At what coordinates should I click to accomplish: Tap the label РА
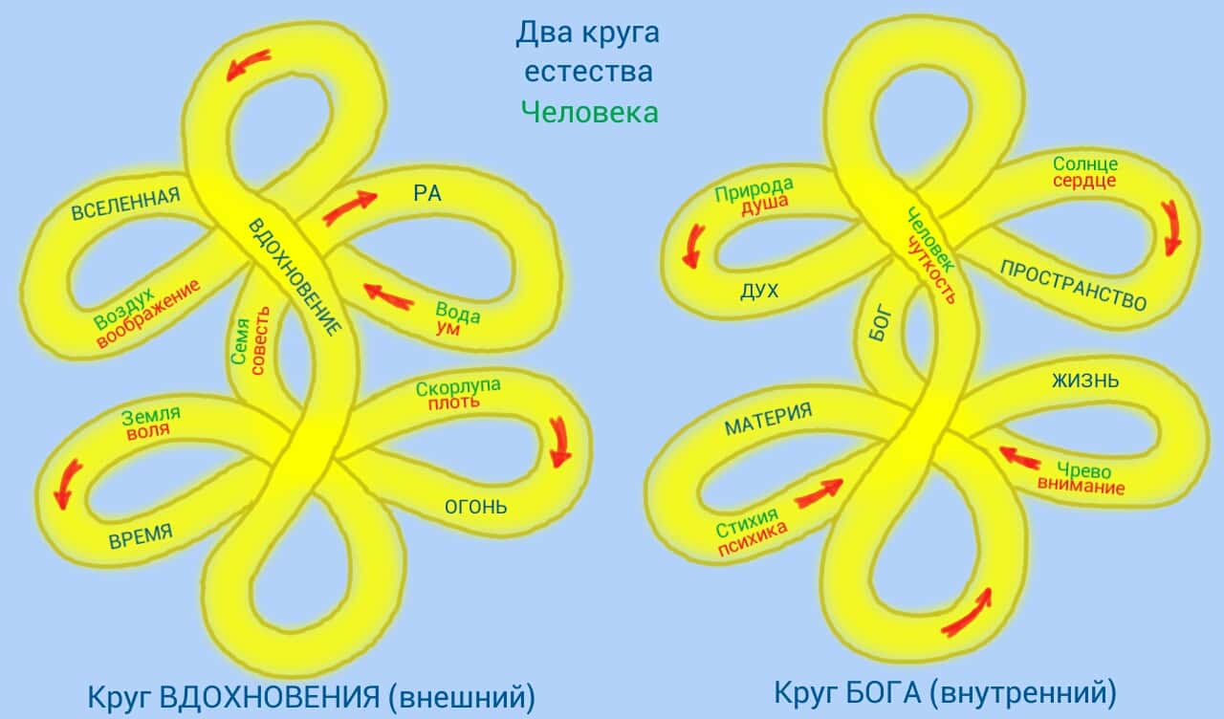pos(426,192)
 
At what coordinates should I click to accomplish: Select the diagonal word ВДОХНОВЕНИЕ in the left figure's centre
pos(294,276)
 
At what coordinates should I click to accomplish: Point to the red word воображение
pos(149,313)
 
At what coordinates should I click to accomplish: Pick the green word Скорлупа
pos(458,387)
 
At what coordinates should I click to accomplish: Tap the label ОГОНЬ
pos(475,506)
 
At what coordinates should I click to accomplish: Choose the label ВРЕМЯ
pos(141,535)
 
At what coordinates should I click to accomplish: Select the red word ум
pos(447,328)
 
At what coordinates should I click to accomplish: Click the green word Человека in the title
pos(589,112)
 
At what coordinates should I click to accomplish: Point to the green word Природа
pos(754,188)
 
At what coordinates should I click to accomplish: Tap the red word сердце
pos(1084,181)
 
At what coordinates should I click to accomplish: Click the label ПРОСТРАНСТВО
pos(1073,284)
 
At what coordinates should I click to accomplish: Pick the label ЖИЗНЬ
pos(1085,381)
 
